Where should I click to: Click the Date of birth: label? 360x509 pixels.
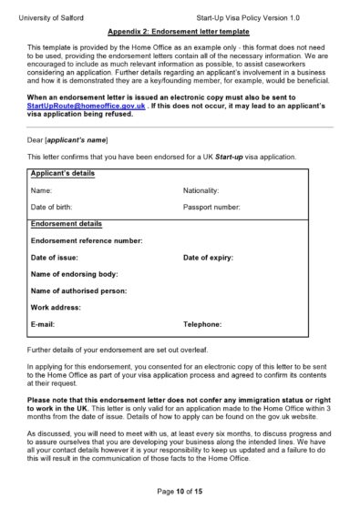(x=52, y=208)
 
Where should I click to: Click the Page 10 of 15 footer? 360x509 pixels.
(x=180, y=491)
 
